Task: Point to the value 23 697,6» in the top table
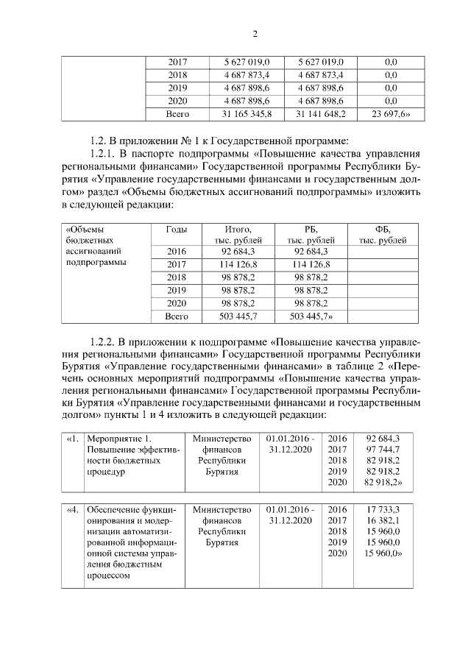click(392, 114)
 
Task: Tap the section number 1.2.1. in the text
click(103, 153)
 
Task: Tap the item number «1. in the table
click(72, 439)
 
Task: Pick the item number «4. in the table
click(72, 509)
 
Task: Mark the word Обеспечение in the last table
click(115, 509)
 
